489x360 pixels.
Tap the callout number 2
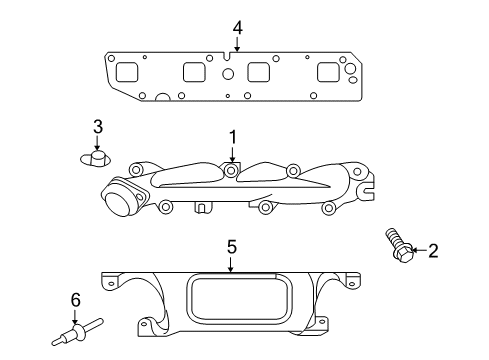433,251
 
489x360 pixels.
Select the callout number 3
98,126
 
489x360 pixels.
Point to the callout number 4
237,27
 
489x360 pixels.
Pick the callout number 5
231,245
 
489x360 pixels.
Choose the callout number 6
74,299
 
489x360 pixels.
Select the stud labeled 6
79,327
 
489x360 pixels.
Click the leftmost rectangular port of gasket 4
127,73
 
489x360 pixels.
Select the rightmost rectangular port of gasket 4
327,73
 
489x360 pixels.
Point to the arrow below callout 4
237,43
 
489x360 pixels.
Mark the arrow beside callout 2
417,251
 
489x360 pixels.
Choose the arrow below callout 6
75,314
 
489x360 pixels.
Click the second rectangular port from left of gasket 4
195,73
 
